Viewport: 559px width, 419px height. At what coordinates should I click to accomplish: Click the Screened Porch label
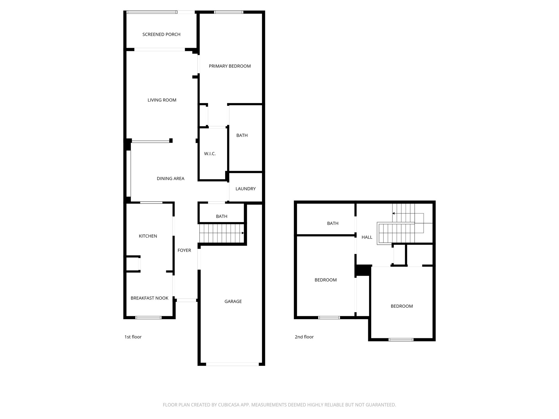click(x=161, y=34)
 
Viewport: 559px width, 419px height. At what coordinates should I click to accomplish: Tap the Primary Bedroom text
click(x=230, y=66)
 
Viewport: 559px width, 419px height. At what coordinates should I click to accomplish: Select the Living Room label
click(x=162, y=100)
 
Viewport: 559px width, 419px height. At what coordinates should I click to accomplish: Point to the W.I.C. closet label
click(x=210, y=154)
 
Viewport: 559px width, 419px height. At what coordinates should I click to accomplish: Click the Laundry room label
click(x=245, y=189)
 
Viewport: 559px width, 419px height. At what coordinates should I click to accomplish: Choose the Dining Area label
click(x=170, y=179)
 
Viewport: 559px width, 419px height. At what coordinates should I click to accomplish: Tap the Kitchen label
click(x=148, y=236)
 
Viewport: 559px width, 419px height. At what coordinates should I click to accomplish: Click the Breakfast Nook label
click(x=149, y=298)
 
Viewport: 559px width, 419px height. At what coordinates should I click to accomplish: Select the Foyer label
click(x=184, y=250)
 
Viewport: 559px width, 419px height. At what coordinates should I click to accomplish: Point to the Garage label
click(x=233, y=301)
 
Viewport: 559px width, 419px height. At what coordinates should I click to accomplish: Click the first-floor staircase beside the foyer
click(x=221, y=233)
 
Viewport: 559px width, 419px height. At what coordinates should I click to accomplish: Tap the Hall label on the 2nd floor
click(x=367, y=237)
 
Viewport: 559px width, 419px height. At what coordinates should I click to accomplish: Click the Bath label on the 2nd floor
click(x=332, y=223)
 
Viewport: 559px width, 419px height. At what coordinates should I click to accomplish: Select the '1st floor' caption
click(x=133, y=337)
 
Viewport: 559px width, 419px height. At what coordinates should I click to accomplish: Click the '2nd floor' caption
click(x=304, y=337)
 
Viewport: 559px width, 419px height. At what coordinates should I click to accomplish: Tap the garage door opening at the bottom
click(x=232, y=364)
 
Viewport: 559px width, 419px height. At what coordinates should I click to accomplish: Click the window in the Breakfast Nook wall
click(x=148, y=318)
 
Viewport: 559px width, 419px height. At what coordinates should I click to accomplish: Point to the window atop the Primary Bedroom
click(x=228, y=12)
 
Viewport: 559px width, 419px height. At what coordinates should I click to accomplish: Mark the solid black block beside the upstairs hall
click(x=362, y=270)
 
